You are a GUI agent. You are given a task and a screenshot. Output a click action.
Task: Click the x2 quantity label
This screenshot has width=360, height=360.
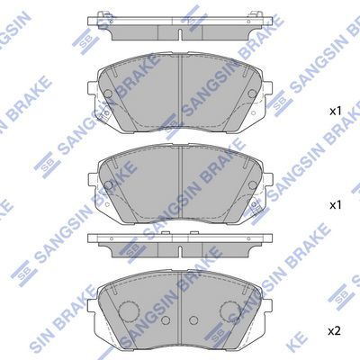[x=335, y=331]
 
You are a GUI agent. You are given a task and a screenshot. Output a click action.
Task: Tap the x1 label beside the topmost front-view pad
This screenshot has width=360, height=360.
[x=336, y=112]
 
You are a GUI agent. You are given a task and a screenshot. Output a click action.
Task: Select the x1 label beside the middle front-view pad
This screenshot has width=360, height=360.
[x=336, y=205]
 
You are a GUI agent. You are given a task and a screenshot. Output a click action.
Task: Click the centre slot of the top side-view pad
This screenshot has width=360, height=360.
[x=180, y=34]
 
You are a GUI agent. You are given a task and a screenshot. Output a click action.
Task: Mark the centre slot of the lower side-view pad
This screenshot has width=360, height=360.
[x=180, y=252]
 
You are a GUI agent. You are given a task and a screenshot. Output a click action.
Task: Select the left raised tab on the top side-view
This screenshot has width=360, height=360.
[x=104, y=14]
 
